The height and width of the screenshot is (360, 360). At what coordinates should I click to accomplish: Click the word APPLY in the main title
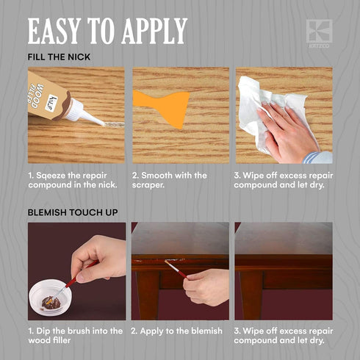click(154, 31)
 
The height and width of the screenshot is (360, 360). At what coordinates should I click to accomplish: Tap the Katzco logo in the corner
click(319, 33)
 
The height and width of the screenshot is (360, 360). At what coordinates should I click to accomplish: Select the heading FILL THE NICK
click(59, 57)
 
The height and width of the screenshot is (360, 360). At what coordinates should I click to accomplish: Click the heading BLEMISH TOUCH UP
click(73, 212)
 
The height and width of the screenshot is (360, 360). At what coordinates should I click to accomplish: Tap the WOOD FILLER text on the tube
click(37, 96)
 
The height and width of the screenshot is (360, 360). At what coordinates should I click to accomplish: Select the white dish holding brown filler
click(51, 297)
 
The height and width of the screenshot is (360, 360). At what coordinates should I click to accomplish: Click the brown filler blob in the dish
click(51, 303)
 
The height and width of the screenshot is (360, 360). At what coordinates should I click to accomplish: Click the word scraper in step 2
click(148, 185)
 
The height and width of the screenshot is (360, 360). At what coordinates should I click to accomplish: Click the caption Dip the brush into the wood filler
click(75, 336)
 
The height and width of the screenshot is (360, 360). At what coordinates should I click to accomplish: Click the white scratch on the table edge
click(175, 260)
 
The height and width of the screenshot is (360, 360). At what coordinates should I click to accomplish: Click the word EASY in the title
click(54, 31)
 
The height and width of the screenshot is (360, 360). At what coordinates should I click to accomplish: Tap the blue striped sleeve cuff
click(311, 157)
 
